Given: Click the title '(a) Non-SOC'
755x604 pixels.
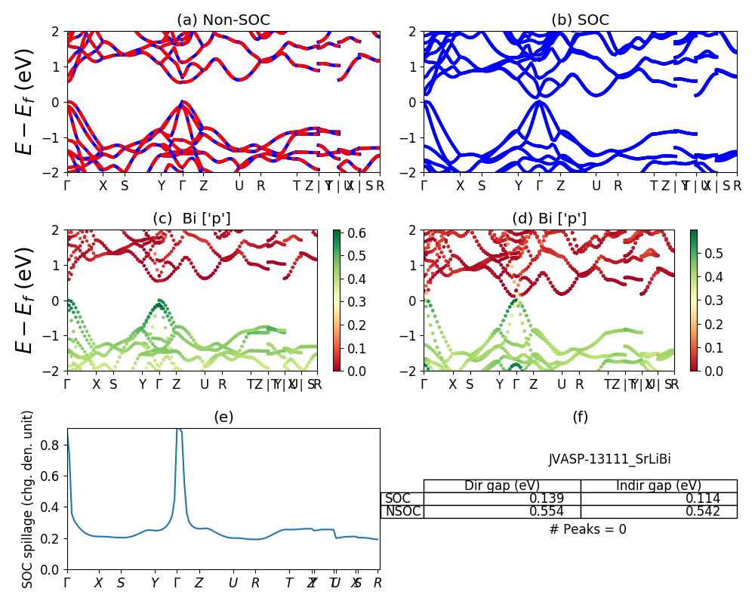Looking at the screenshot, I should [x=223, y=20].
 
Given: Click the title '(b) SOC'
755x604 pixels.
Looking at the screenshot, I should [x=580, y=20].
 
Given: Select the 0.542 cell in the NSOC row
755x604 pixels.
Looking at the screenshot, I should [x=658, y=512].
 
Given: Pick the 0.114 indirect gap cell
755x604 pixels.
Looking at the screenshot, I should [x=658, y=499].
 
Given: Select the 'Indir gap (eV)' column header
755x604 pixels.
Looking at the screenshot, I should [x=658, y=485].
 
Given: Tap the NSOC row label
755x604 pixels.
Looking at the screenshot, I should [x=402, y=512].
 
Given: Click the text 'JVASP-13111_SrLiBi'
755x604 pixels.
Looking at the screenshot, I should [x=609, y=459].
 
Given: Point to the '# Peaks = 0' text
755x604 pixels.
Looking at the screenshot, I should [x=587, y=529].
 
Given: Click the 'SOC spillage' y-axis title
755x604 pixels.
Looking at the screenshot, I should [x=29, y=499].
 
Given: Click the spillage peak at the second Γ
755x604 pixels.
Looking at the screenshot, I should [x=178, y=430].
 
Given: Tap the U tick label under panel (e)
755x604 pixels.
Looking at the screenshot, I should [x=234, y=583].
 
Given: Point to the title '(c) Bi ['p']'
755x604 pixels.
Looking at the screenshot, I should [x=192, y=219].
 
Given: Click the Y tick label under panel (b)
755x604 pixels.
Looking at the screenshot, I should [x=518, y=186].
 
